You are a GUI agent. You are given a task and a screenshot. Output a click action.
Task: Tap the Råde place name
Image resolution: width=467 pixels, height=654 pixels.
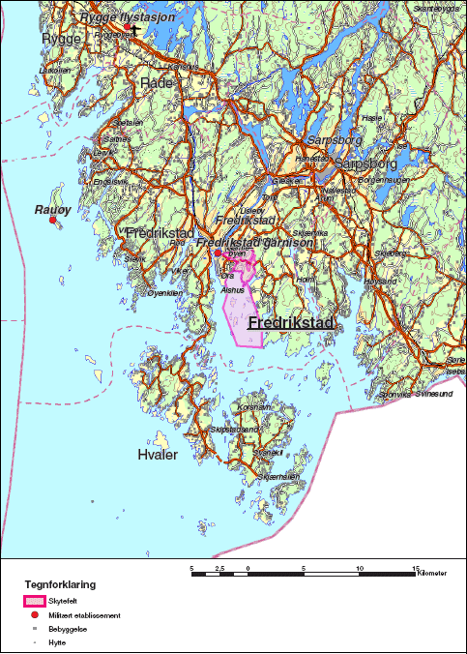point(157,84)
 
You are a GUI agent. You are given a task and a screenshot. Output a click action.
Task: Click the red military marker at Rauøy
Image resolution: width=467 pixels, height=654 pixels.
point(53,221)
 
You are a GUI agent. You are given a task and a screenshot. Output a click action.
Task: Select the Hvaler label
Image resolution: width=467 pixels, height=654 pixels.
point(158,455)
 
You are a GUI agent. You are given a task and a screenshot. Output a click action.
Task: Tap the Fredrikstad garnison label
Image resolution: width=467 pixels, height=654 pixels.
point(255,243)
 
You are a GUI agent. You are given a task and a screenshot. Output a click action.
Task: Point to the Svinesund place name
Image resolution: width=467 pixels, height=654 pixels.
point(433,395)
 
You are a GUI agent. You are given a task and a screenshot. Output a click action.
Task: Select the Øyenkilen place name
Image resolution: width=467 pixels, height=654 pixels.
point(163,292)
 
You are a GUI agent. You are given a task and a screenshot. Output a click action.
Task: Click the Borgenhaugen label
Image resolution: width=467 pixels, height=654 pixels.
point(379,180)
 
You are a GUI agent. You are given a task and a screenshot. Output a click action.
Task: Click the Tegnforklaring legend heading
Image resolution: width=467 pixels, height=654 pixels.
point(60,584)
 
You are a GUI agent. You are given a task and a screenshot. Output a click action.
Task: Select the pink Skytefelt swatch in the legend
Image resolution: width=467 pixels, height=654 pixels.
point(37,601)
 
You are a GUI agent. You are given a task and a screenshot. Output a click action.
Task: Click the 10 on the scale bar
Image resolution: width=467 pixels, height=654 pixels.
point(360,567)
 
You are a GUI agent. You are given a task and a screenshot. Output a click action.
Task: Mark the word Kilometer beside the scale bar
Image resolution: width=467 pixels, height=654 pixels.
point(432,575)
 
